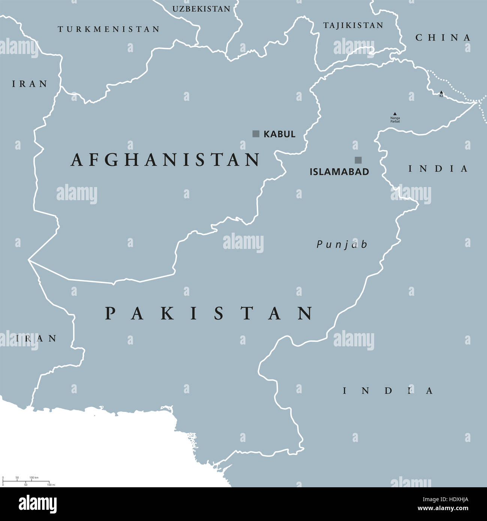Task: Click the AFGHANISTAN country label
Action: click(165, 160)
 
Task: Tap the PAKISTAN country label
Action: click(208, 313)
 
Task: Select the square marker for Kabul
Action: click(256, 134)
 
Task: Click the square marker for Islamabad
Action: click(358, 160)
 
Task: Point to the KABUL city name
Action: click(279, 134)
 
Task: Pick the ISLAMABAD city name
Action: click(339, 172)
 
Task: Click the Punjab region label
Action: click(342, 245)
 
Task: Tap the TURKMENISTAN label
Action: click(109, 29)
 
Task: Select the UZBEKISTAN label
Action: click(201, 9)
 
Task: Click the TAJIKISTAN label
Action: click(353, 25)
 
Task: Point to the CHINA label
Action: click(443, 37)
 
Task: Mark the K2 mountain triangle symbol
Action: click(441, 92)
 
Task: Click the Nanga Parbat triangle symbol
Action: click(394, 114)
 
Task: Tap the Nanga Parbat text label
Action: click(395, 120)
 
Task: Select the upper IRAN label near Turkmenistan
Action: click(30, 84)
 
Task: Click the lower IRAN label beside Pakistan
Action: click(36, 339)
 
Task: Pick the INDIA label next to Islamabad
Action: click(438, 169)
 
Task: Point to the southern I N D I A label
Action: click(388, 391)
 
